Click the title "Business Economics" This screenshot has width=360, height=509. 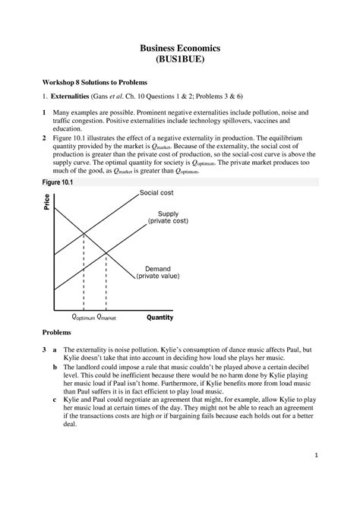point(180,48)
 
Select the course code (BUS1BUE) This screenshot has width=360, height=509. point(180,61)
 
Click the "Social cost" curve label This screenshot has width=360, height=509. point(156,194)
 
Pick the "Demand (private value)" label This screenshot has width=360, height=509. point(160,273)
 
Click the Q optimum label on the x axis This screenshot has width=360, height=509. point(82,318)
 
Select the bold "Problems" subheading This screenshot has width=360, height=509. point(56,333)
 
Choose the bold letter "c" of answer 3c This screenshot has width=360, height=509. point(54,398)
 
